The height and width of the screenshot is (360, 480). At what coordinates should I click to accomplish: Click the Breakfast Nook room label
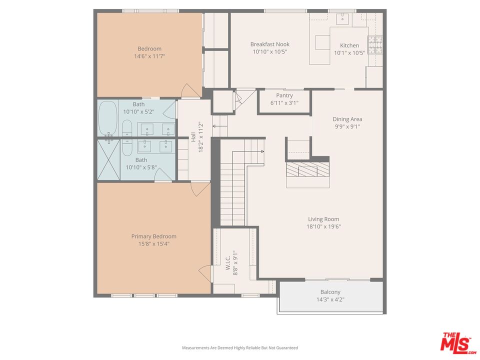tap(269, 44)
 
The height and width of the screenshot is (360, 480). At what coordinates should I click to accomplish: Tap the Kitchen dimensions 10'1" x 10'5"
tap(349, 52)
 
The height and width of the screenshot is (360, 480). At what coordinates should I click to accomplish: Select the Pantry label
tap(284, 95)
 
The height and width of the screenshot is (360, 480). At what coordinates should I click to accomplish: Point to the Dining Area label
tap(347, 119)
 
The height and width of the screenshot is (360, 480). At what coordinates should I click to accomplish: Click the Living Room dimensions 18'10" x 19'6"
tap(323, 226)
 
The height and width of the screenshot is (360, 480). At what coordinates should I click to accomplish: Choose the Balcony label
tap(330, 292)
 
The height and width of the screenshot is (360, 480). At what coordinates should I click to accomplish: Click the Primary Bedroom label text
tap(153, 236)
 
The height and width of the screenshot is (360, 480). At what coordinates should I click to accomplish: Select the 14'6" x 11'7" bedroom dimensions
tap(149, 56)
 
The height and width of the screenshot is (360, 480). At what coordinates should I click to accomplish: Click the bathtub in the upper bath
tap(107, 118)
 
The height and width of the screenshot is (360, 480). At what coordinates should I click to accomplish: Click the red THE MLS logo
tap(457, 343)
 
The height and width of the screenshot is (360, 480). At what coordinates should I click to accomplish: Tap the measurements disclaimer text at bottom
tap(239, 347)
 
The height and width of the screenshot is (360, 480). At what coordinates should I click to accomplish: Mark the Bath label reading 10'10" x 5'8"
tap(141, 163)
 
